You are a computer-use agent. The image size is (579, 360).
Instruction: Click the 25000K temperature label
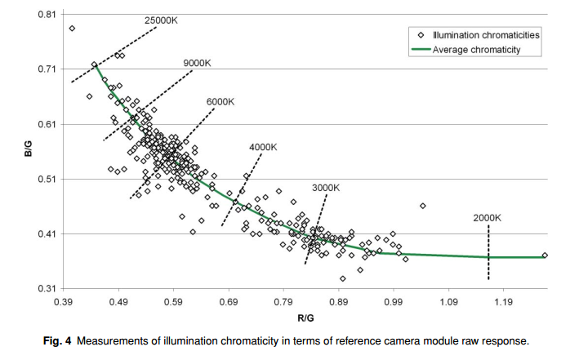[x=161, y=20]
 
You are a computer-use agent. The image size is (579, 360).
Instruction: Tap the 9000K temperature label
[x=197, y=63]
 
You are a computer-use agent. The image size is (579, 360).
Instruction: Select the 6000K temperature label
[x=220, y=101]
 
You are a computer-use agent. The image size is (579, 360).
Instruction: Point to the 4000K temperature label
[x=263, y=147]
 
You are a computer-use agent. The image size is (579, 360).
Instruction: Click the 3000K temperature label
[x=326, y=188]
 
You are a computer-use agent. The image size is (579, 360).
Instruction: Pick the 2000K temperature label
[x=487, y=218]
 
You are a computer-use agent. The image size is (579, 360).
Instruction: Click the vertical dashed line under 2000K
[x=488, y=252]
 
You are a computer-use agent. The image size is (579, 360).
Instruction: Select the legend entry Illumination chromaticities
[x=479, y=35]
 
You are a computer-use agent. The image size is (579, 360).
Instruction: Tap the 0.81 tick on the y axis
[x=47, y=15]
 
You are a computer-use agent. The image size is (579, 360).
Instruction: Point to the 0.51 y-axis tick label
[x=47, y=179]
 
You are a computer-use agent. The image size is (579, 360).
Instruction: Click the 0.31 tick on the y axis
[x=47, y=288]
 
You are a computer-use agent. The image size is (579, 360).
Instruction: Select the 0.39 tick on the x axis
[x=63, y=302]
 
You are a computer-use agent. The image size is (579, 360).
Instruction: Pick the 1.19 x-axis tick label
[x=504, y=302]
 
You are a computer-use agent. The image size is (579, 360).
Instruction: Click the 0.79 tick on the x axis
[x=283, y=302]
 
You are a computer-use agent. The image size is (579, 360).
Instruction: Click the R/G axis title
[x=305, y=318]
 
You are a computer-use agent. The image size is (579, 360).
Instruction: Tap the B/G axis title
[x=29, y=149]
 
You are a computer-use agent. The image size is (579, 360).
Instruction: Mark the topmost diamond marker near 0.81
[x=72, y=29]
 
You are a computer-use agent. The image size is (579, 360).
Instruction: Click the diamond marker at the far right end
[x=545, y=256]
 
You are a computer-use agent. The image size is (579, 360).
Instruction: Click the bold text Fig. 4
[x=57, y=340]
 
